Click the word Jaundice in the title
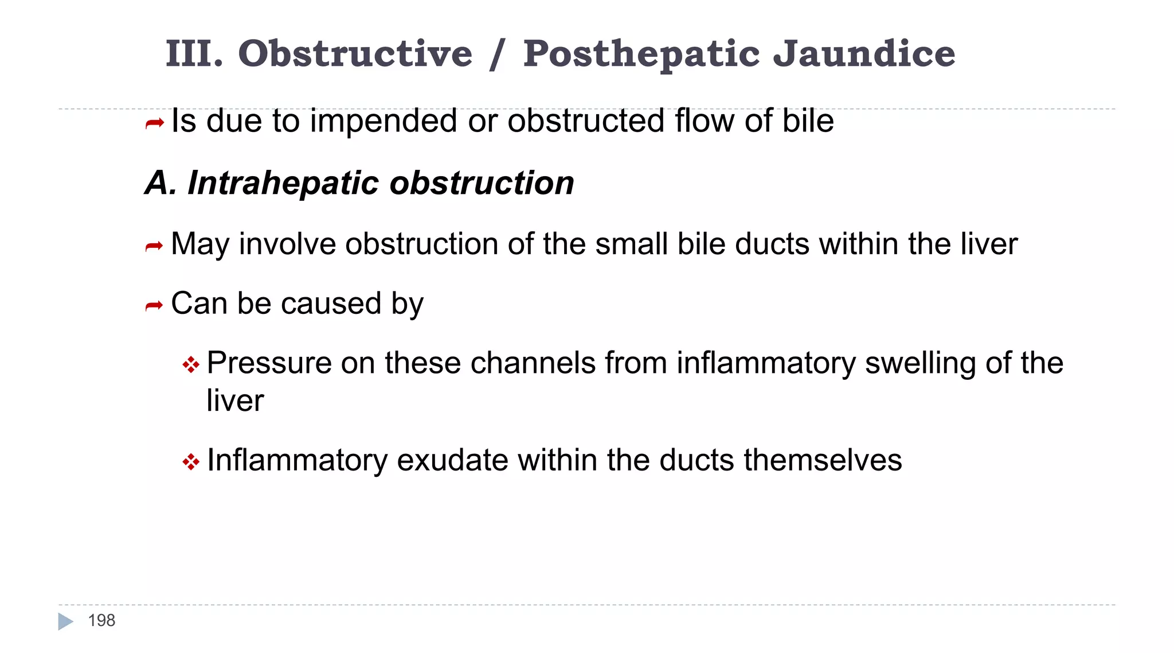(864, 53)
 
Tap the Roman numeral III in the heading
(194, 53)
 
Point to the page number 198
(101, 620)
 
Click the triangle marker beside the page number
(65, 621)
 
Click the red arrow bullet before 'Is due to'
(155, 123)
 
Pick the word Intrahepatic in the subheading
(284, 183)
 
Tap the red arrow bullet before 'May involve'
(155, 247)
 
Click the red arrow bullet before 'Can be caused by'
(155, 306)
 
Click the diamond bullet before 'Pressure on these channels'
(191, 365)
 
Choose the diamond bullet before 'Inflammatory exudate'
(191, 462)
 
